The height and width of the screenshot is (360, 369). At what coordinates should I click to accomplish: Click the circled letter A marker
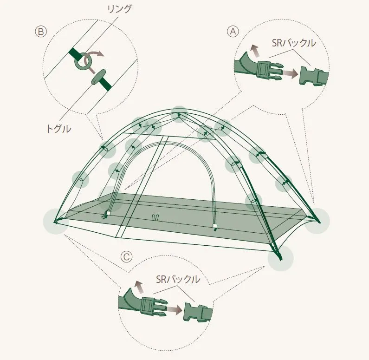click(233, 31)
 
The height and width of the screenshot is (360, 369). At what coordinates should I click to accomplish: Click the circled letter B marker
click(41, 31)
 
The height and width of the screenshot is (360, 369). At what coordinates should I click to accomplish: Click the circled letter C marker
click(126, 256)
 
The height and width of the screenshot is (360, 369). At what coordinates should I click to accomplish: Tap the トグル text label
click(58, 129)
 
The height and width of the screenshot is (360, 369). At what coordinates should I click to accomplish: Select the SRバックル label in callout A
click(294, 43)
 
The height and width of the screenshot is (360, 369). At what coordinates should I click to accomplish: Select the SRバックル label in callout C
click(178, 279)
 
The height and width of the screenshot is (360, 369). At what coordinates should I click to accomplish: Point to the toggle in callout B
click(98, 77)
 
